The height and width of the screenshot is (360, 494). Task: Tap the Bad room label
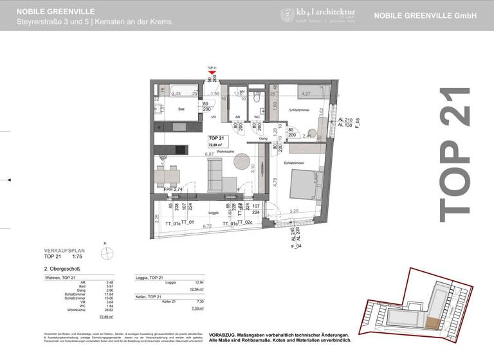(x=181, y=109)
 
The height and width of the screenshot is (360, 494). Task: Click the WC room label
(x=256, y=118)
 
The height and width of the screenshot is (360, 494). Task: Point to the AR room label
(x=237, y=118)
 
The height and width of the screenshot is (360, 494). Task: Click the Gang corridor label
(x=262, y=138)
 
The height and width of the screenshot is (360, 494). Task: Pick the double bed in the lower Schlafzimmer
(x=302, y=183)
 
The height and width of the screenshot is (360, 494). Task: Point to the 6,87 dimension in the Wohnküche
(x=209, y=155)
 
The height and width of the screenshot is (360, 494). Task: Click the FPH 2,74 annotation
(x=174, y=190)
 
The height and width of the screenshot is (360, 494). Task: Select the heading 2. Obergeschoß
(x=62, y=269)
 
